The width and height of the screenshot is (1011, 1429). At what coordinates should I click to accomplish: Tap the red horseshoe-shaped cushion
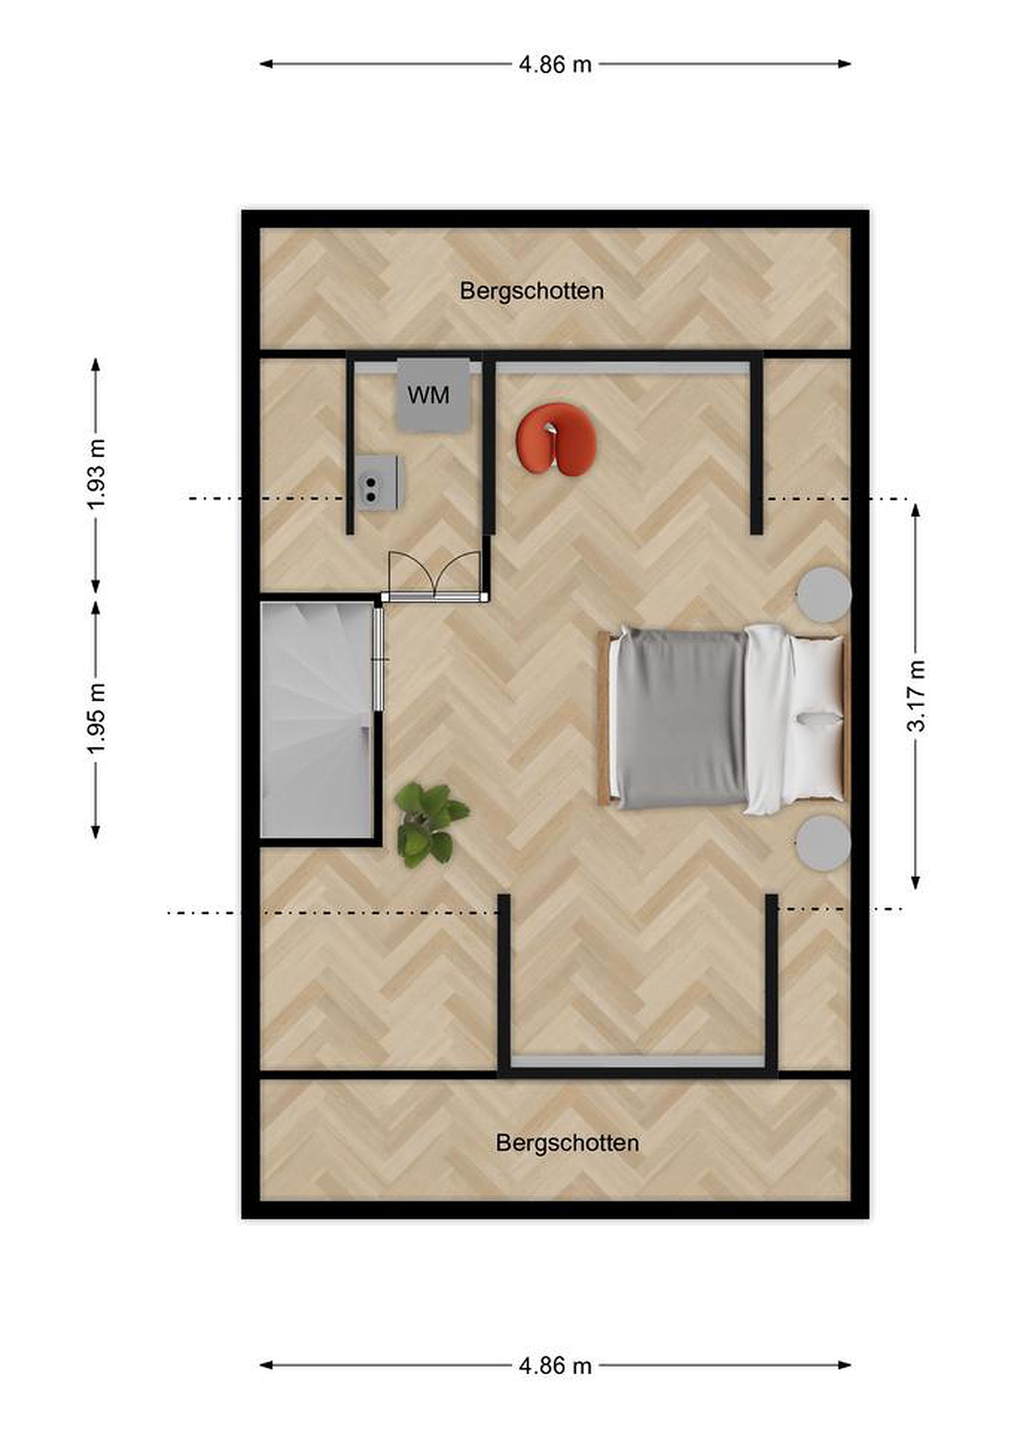point(556,441)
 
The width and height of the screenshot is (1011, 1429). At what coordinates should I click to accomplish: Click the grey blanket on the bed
point(681,719)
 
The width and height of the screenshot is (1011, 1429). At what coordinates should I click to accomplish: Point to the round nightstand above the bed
point(825,594)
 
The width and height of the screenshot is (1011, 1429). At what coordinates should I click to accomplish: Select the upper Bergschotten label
point(532,291)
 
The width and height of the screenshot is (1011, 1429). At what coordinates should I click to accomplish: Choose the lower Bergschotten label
point(567,1143)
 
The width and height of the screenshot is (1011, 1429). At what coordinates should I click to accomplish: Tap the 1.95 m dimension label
point(96,718)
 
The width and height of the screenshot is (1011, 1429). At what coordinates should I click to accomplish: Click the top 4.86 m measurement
point(555,64)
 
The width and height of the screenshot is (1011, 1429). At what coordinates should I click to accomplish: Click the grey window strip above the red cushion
point(622,369)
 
